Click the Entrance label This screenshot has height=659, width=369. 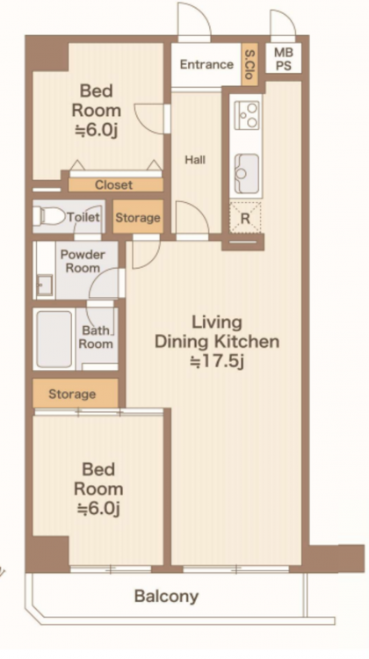(206, 64)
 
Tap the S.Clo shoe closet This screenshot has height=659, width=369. (250, 64)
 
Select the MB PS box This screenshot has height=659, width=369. (283, 58)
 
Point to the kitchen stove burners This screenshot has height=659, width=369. (247, 115)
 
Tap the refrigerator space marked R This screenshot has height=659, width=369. (245, 218)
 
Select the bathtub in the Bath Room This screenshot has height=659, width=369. (54, 339)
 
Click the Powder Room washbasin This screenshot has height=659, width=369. (44, 285)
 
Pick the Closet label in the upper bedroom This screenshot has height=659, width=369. (113, 185)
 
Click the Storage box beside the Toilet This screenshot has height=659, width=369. (138, 217)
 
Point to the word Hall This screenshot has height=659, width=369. (195, 160)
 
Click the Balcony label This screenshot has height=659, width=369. (166, 596)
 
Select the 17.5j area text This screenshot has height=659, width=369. (217, 361)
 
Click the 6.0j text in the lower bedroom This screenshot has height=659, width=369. (98, 509)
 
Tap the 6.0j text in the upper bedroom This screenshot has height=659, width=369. (97, 130)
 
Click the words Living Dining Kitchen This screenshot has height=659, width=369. (217, 332)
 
